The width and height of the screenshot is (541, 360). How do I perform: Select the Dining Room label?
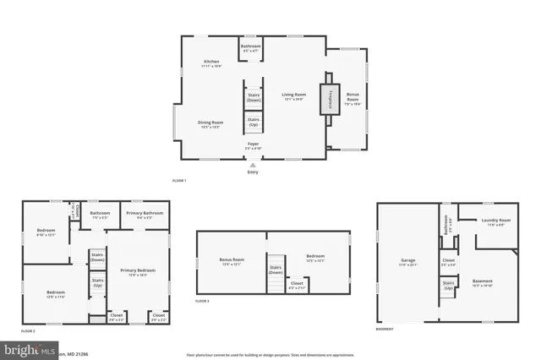tap(210, 124)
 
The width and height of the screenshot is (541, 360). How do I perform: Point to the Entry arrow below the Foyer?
tap(252, 166)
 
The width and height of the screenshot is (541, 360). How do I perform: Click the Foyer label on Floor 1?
tap(253, 145)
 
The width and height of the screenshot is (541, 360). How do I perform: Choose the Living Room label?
tap(293, 97)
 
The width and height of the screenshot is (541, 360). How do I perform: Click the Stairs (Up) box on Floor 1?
tap(253, 123)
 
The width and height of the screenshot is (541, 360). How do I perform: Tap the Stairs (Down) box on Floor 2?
tap(97, 256)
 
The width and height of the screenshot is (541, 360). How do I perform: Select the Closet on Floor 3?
tap(297, 285)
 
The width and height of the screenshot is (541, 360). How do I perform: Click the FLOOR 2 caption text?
tap(28, 330)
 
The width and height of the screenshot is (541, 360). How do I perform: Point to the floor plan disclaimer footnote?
tap(270, 354)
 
